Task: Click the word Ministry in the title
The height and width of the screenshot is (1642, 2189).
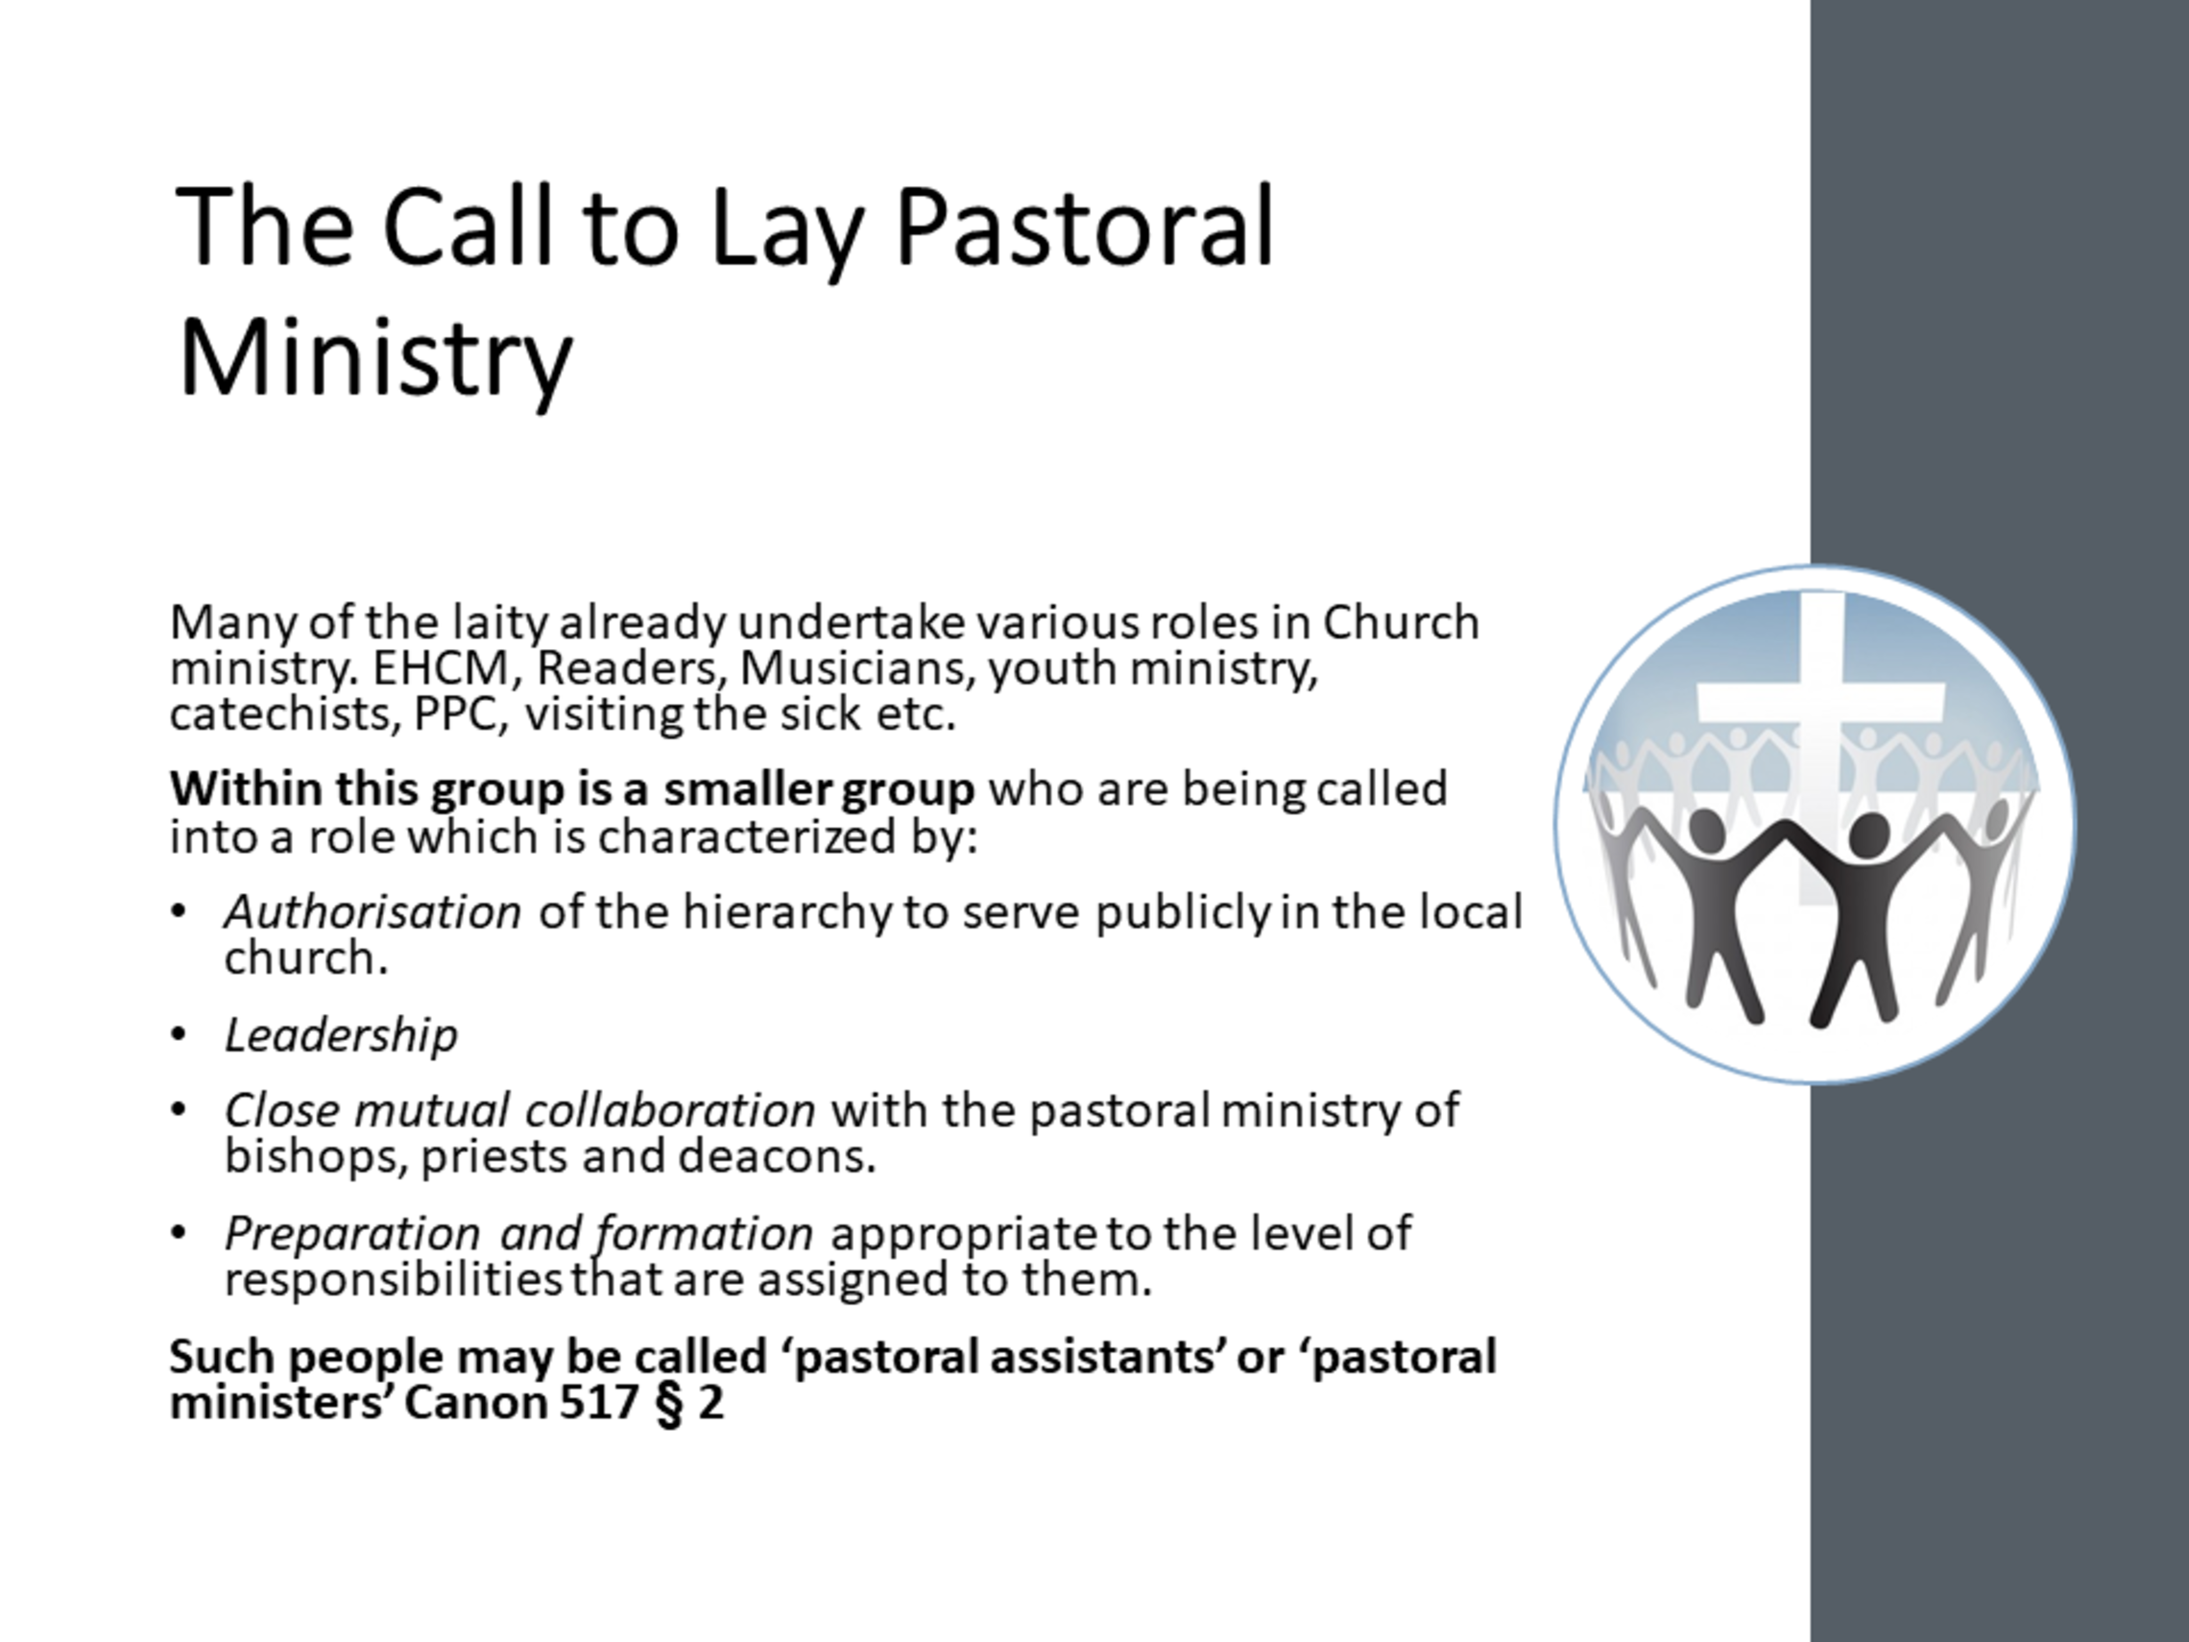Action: coord(375,358)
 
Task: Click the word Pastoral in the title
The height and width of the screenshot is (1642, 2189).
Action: coord(1084,229)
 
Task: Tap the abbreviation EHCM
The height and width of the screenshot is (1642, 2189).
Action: coord(441,668)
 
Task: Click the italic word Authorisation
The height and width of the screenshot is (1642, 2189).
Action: coord(373,911)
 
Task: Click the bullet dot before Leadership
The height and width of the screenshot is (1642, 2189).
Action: coord(179,1035)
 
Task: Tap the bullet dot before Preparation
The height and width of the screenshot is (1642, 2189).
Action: coord(179,1233)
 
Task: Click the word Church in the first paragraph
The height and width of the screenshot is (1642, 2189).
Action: coord(1402,622)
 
